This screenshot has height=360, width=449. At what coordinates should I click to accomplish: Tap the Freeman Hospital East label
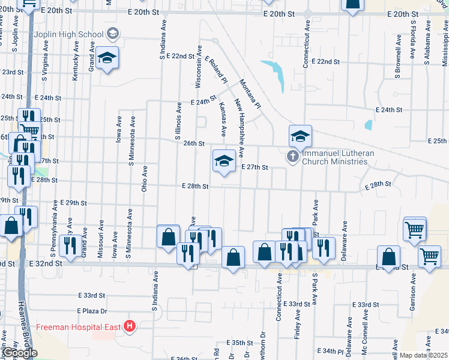click(79, 326)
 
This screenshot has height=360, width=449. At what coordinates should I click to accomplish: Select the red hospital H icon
click(130, 326)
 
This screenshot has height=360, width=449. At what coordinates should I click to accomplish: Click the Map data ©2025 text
click(423, 355)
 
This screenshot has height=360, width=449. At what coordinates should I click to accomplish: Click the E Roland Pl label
click(215, 70)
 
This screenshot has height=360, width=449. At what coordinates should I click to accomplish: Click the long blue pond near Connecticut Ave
click(277, 74)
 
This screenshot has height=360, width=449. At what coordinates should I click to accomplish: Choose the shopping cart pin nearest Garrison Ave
click(429, 257)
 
